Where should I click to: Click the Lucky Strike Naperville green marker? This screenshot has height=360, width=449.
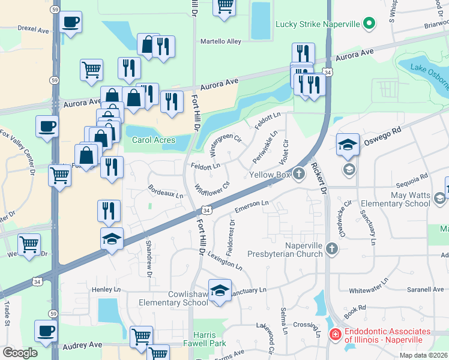point(369,25)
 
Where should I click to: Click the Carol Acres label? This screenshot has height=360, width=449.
point(154,140)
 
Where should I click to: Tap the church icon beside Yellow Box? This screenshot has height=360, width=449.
point(299,175)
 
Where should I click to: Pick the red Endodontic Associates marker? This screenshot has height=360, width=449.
point(335,334)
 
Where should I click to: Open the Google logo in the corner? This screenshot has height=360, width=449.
point(20,352)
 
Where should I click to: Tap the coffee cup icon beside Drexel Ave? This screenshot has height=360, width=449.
point(71,22)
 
